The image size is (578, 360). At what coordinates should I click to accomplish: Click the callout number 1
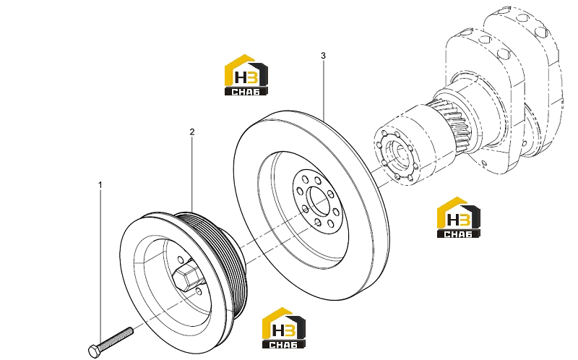pos(100,185)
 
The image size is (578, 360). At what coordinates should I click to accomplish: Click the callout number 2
pos(192,132)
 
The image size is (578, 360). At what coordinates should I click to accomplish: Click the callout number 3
pos(323,56)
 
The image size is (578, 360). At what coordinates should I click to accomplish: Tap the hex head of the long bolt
pos(95,351)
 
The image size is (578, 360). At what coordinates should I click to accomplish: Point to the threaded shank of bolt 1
pos(116,337)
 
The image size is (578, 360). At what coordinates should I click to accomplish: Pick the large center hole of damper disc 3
pos(319,202)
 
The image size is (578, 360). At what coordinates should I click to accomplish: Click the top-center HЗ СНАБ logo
pos(246,75)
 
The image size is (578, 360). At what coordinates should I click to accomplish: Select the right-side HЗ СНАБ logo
pos(459,218)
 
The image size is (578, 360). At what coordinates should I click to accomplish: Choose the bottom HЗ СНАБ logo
pos(284,328)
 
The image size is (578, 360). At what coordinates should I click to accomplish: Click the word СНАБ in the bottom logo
pos(283,345)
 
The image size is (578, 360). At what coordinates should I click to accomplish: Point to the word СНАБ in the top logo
pos(246,92)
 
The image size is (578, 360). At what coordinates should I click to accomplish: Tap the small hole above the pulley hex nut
pos(180,259)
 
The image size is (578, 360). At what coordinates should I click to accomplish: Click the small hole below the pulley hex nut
pos(199,292)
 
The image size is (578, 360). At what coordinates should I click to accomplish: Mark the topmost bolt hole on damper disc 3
pos(305,179)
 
